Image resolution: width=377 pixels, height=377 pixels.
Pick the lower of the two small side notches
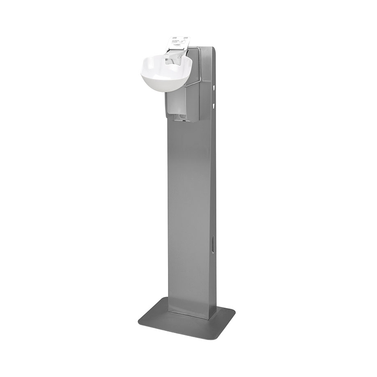point(214,106)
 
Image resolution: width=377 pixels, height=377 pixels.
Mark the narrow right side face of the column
point(213,185)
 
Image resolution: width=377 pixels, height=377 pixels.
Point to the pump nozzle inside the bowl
point(170,62)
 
